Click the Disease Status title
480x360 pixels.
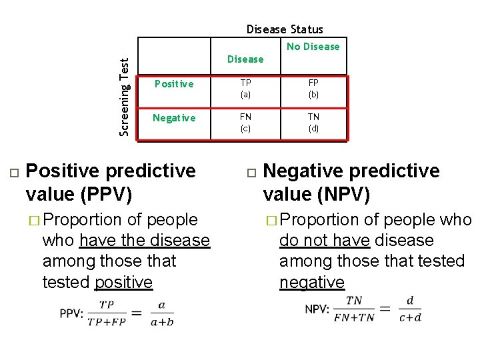point(285,29)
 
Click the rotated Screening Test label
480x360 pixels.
point(125,96)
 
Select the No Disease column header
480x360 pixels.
point(313,47)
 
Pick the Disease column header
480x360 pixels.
point(245,59)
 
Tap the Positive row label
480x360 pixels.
point(174,84)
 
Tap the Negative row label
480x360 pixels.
point(174,118)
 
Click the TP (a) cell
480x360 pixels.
point(245,89)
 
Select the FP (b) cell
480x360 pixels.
point(313,89)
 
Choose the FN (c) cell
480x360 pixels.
point(245,123)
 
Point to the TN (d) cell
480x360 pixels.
point(313,123)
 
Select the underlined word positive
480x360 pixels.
point(123,282)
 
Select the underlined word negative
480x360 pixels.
point(312,282)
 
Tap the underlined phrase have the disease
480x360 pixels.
point(144,240)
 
